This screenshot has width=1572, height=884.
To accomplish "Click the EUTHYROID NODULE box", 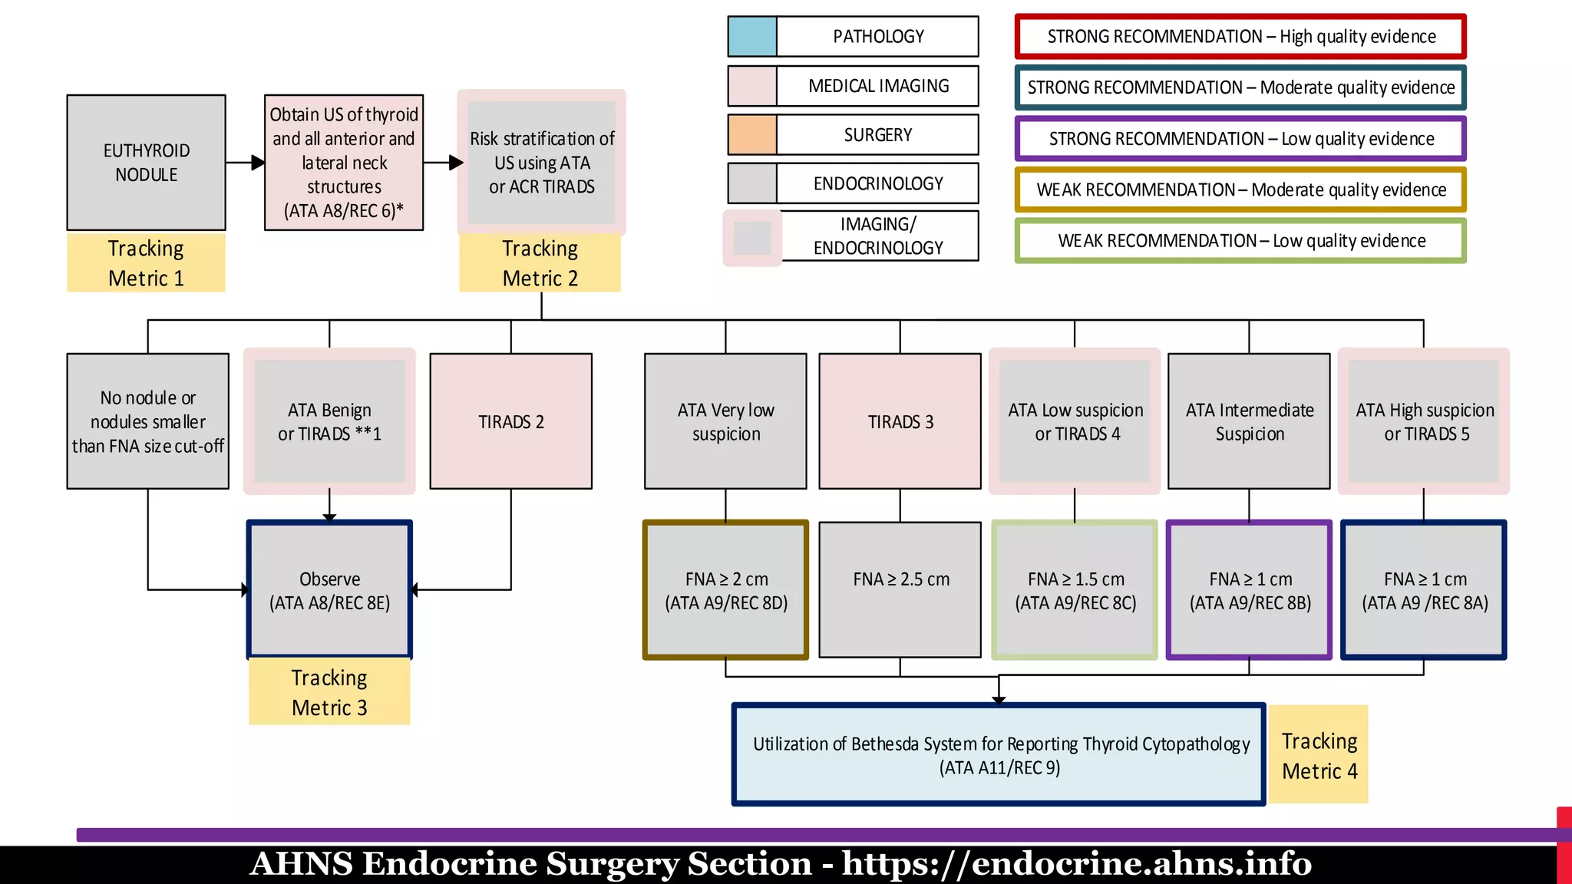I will pyautogui.click(x=146, y=162).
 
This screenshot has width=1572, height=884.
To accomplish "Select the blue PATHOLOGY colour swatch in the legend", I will pyautogui.click(x=752, y=36).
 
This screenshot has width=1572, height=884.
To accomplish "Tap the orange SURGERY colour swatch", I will pyautogui.click(x=752, y=134).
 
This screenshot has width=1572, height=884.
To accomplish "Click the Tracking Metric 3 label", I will pyautogui.click(x=329, y=692).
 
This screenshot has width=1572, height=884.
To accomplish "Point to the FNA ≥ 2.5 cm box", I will pyautogui.click(x=900, y=589).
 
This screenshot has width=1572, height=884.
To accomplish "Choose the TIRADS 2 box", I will pyautogui.click(x=511, y=421).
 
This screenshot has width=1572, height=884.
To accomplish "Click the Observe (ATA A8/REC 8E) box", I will pyautogui.click(x=329, y=589).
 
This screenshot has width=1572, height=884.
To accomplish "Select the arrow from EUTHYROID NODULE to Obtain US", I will pyautogui.click(x=246, y=163).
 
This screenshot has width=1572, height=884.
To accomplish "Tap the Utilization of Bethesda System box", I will pyautogui.click(x=998, y=754).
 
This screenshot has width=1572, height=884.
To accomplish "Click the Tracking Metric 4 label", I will pyautogui.click(x=1319, y=755).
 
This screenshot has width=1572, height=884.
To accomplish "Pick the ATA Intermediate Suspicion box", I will pyautogui.click(x=1249, y=421).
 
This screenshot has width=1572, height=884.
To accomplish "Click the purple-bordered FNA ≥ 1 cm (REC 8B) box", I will pyautogui.click(x=1249, y=589).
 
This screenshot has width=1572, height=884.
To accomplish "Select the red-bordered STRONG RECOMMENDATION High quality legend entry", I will pyautogui.click(x=1240, y=36).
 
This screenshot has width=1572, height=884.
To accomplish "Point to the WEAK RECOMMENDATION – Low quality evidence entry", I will pyautogui.click(x=1240, y=241).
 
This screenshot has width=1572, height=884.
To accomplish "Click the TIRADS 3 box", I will pyautogui.click(x=900, y=421).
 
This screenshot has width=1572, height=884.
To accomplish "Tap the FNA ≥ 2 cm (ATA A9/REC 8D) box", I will pyautogui.click(x=725, y=589).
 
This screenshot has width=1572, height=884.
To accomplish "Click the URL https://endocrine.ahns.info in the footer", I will pyautogui.click(x=1076, y=864).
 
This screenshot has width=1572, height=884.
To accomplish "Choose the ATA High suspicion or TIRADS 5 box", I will pyautogui.click(x=1424, y=421).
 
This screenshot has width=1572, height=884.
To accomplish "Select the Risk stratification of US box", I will pyautogui.click(x=542, y=162).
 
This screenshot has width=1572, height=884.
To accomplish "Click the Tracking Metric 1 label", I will pyautogui.click(x=146, y=262).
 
